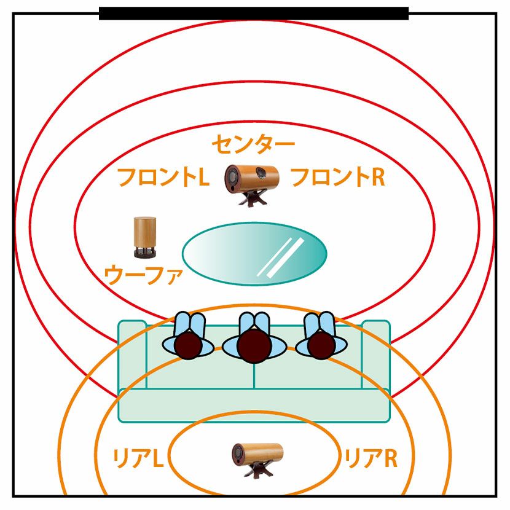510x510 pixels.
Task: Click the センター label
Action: (253, 145)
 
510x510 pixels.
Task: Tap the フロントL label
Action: (163, 178)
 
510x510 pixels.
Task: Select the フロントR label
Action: (337, 178)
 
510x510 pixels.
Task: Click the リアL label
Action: (136, 458)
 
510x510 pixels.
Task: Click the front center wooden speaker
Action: (252, 177)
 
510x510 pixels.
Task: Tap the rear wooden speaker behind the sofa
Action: (257, 453)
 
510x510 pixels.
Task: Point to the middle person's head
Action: (255, 346)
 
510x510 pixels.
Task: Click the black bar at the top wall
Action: (254, 14)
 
